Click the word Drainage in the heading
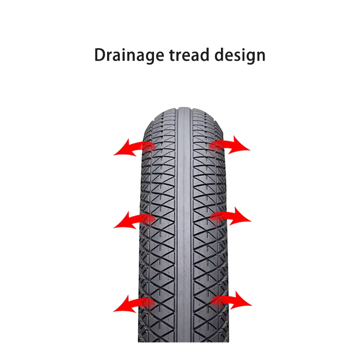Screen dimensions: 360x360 coord(129,55)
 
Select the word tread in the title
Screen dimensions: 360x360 coord(189,55)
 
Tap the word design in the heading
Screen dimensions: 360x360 coord(240,55)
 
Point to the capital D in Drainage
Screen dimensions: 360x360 coord(100,55)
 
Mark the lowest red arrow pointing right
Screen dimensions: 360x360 coord(231,300)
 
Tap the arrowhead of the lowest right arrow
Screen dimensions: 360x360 coord(242,301)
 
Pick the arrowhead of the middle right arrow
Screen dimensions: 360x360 coord(241,216)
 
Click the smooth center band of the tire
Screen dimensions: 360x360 coord(184,225)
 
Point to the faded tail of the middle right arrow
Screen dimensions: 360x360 coord(216,216)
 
